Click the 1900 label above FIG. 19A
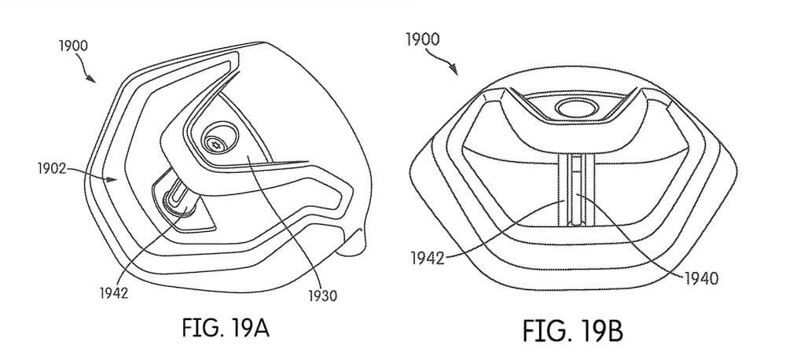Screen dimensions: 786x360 click(x=74, y=46)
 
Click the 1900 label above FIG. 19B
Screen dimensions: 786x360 click(x=423, y=39)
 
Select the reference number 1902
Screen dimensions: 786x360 click(x=51, y=169)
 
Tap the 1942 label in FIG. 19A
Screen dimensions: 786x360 click(x=114, y=293)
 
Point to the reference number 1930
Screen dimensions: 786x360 click(x=322, y=296)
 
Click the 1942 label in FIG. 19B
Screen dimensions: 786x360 click(x=428, y=259)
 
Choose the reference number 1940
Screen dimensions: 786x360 click(x=701, y=279)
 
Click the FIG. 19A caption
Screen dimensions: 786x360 click(x=226, y=329)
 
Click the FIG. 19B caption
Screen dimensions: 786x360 click(x=573, y=332)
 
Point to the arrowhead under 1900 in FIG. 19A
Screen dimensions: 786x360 click(x=92, y=79)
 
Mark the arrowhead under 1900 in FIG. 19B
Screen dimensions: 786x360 click(x=454, y=70)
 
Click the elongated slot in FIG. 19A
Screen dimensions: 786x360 click(x=178, y=197)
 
